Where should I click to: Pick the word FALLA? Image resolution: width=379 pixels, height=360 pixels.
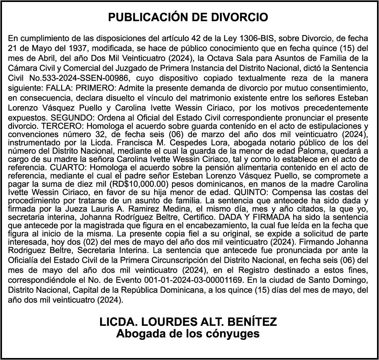tap(58, 87)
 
